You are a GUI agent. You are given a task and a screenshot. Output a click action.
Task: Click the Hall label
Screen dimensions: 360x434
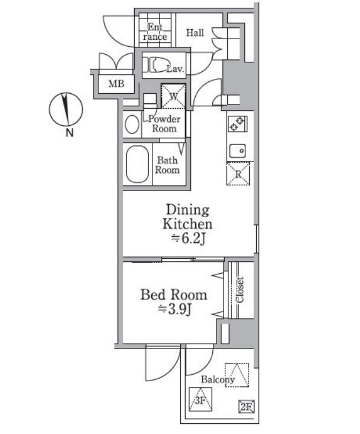pos(195,33)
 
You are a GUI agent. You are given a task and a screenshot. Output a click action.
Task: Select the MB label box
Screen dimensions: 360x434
pos(116,84)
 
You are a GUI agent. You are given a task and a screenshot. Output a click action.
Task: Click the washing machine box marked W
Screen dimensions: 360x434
pos(173,96)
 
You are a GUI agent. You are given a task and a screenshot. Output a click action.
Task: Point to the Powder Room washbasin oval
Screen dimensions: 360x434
pos(132,124)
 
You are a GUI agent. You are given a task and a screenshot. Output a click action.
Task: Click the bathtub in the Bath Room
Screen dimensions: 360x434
pos(137,164)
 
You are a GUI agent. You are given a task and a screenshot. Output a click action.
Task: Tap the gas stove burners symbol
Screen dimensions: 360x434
pos(237,123)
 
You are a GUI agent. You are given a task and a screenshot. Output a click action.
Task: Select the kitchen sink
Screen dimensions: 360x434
pos(237,151)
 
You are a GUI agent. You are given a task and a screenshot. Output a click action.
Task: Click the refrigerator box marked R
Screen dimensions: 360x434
pos(238,173)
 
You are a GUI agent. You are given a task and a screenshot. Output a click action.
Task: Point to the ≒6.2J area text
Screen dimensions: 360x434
pos(188,239)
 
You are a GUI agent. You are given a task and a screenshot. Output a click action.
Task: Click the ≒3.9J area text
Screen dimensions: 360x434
pos(175,309)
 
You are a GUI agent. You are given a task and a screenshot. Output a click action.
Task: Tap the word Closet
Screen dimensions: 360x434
pos(240,290)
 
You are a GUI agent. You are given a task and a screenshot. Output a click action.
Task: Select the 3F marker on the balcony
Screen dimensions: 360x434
pos(200,399)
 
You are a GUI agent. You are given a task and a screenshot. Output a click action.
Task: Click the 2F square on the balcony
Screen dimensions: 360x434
pos(246,407)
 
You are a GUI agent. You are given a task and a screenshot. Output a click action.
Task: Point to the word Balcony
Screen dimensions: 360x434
pos(218,379)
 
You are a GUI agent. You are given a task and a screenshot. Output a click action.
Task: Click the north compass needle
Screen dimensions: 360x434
pos(66,109)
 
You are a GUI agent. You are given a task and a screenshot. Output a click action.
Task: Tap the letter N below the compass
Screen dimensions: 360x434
pos(69,133)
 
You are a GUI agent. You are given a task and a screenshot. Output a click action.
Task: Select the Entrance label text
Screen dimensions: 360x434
pos(155,32)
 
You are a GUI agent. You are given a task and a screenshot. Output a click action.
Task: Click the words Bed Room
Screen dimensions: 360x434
pos(174,295)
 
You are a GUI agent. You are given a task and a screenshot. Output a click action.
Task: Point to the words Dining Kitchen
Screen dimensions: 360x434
pos(187,217)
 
